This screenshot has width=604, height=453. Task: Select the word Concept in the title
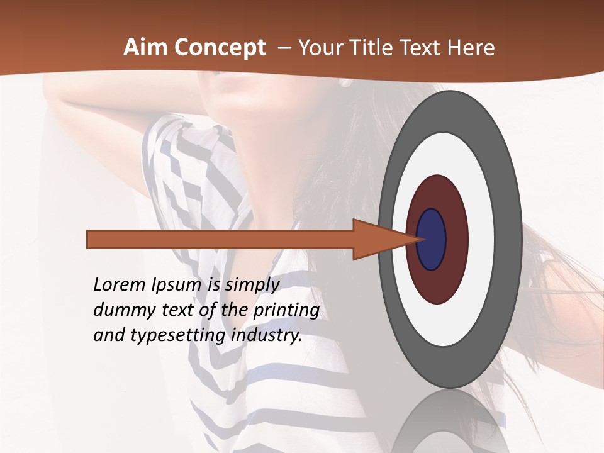(x=220, y=48)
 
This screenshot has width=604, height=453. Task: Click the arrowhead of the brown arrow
(x=377, y=240)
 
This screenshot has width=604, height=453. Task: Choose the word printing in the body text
(x=286, y=311)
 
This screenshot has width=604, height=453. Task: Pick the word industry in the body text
(x=267, y=335)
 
